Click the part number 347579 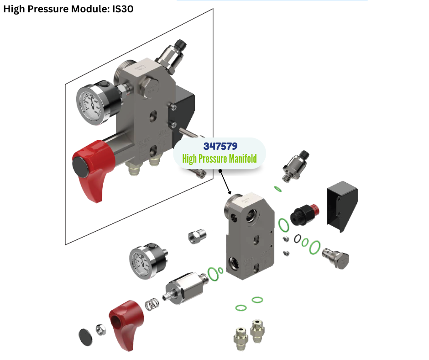(x=220, y=146)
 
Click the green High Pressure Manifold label (x=220, y=159)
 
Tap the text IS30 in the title (x=123, y=9)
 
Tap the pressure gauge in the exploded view (x=148, y=261)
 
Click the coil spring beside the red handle (x=152, y=304)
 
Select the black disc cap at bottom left (x=85, y=337)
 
